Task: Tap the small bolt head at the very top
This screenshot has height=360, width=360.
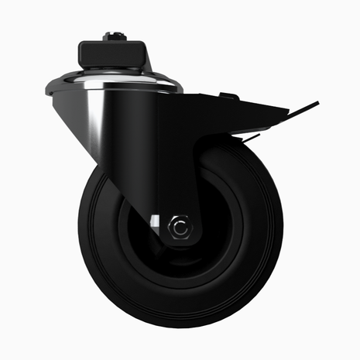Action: coord(114,35)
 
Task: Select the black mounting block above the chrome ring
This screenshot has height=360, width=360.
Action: coord(113,54)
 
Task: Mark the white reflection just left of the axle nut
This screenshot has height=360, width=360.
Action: coord(158,225)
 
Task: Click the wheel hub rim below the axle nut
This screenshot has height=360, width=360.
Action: coord(180,259)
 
